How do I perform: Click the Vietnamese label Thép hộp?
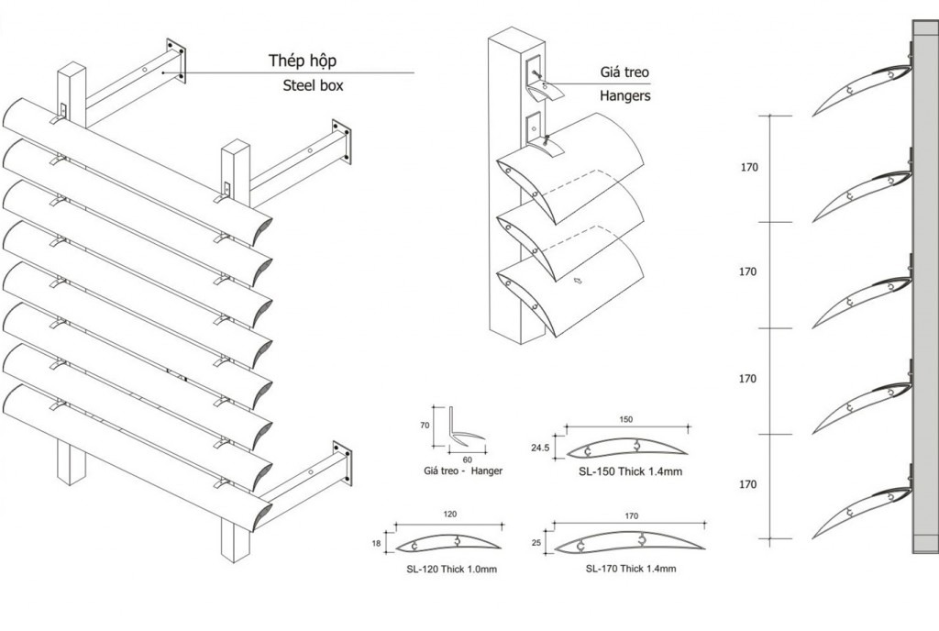tap(303, 61)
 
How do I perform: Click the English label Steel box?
tap(309, 87)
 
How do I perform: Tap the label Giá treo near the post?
tap(625, 71)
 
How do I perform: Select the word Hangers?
tap(625, 94)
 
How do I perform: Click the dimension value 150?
tap(625, 419)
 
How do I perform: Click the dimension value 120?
tap(450, 515)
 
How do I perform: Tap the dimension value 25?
tap(536, 544)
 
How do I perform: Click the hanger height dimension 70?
tap(425, 425)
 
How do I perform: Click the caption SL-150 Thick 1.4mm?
tap(630, 472)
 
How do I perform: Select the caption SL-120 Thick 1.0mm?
tap(451, 570)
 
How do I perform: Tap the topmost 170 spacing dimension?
tap(748, 168)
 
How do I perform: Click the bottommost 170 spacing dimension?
tap(748, 484)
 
